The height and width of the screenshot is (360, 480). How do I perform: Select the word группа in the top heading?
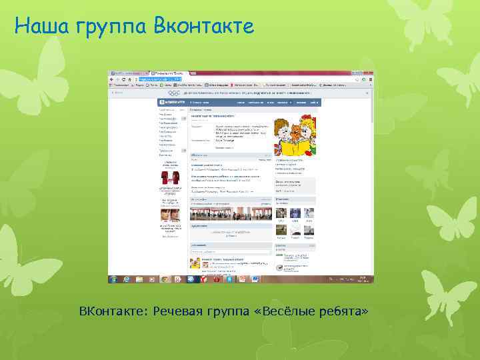click(x=113, y=27)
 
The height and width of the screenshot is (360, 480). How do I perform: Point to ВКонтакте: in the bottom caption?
click(x=113, y=311)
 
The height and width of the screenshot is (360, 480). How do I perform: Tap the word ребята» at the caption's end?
click(x=344, y=312)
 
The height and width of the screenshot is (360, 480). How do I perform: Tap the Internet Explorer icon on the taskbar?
click(x=125, y=279)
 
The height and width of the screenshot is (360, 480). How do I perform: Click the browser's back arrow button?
click(x=112, y=79)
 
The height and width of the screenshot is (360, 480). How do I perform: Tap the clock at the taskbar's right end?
click(x=363, y=279)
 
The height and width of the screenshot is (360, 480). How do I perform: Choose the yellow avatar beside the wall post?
click(x=194, y=262)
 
